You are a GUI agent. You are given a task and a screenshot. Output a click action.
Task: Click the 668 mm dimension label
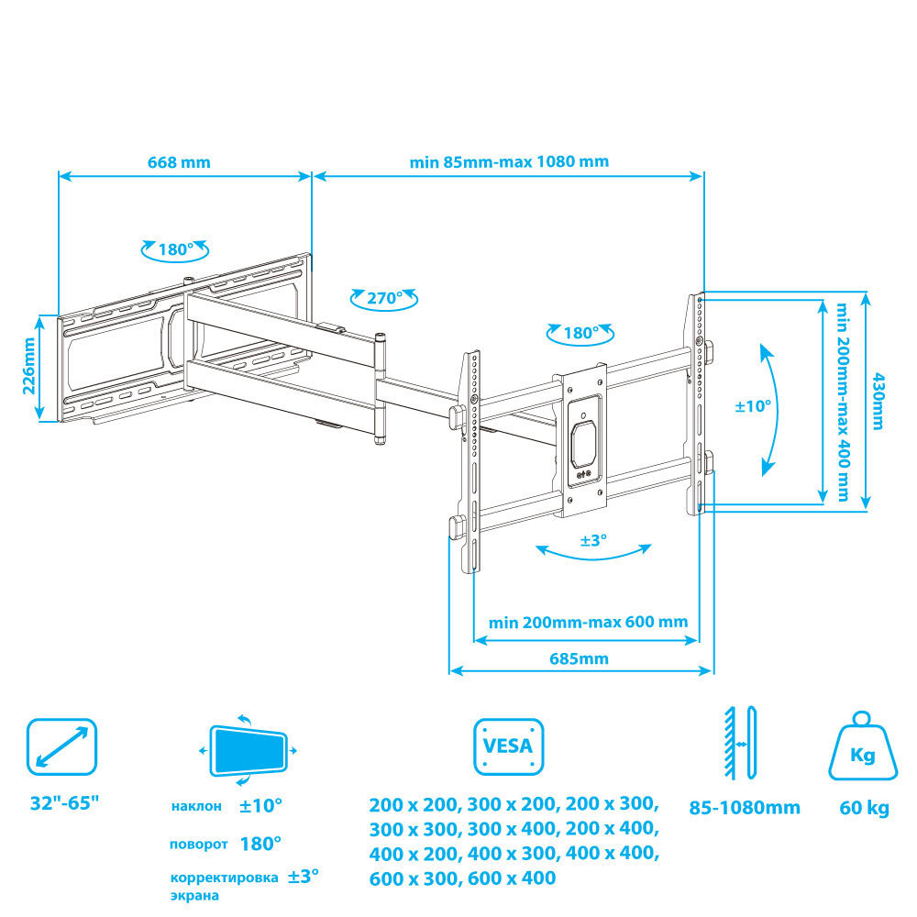179,162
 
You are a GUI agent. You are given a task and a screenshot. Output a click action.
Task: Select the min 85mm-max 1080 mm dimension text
509,161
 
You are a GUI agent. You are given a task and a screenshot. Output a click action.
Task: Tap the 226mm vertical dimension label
28,366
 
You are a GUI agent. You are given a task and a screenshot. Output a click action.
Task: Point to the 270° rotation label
384,298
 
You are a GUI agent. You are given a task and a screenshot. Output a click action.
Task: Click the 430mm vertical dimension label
878,402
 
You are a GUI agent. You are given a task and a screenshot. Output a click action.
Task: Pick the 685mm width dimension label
579,658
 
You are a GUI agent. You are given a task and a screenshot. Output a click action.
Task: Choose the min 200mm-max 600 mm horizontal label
589,622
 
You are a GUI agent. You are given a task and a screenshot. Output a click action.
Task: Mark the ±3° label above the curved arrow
593,540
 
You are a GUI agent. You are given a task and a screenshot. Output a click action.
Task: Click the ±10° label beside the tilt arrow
753,405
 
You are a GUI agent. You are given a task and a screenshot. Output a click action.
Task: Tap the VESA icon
508,746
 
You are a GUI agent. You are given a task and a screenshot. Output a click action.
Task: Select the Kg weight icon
863,746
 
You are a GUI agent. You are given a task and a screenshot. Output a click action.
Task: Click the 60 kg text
864,808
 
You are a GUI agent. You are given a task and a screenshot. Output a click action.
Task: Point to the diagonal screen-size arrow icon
62,746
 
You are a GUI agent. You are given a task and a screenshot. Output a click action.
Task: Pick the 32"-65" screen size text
64,803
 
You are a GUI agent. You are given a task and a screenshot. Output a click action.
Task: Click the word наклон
196,806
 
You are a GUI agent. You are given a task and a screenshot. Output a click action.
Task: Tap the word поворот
199,845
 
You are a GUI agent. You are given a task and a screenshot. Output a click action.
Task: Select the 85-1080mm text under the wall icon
745,808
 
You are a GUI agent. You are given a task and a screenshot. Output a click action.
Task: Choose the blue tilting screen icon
248,750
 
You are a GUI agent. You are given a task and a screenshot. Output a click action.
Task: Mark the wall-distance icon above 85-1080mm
740,743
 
